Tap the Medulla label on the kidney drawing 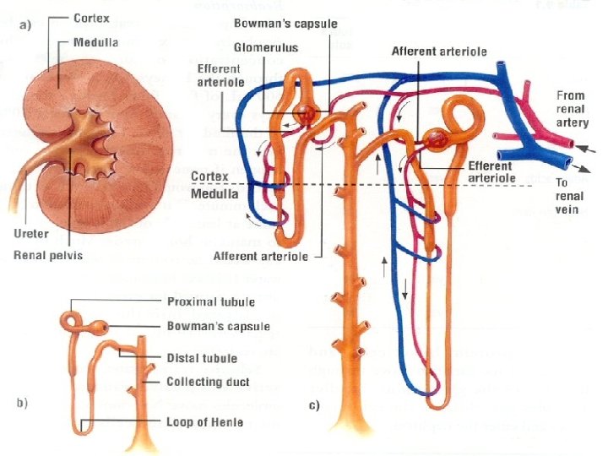click(x=95, y=41)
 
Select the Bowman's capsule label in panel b click(x=218, y=327)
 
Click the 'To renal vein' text click(x=569, y=196)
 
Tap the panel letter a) click(x=26, y=24)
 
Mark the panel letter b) click(x=26, y=403)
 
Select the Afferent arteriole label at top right click(x=439, y=52)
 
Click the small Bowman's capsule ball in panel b click(x=101, y=327)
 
